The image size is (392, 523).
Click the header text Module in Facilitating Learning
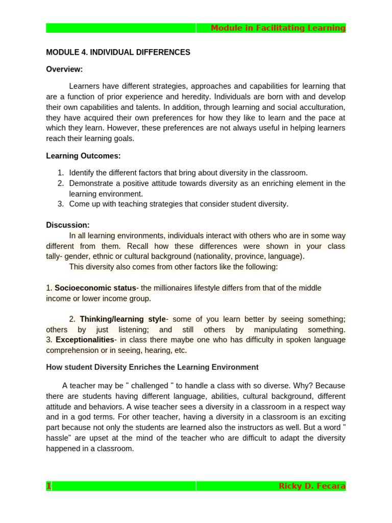pyautogui.click(x=278, y=28)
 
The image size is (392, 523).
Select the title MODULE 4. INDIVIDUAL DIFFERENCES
pyautogui.click(x=118, y=52)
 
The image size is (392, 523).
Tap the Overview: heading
pyautogui.click(x=64, y=69)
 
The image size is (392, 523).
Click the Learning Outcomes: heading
pyautogui.click(x=83, y=156)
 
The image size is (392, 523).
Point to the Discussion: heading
pyautogui.click(x=67, y=225)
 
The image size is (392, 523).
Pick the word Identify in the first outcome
pyautogui.click(x=82, y=173)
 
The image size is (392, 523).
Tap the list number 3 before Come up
pyautogui.click(x=60, y=204)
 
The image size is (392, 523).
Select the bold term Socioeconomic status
pyautogui.click(x=95, y=288)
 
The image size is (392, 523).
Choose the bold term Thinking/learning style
pyautogui.click(x=123, y=319)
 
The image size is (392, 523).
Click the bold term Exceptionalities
pyautogui.click(x=85, y=340)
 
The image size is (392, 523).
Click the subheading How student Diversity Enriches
pyautogui.click(x=152, y=367)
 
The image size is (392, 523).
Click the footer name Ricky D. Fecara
pyautogui.click(x=312, y=486)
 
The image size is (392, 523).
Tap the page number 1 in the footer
pyautogui.click(x=49, y=486)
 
